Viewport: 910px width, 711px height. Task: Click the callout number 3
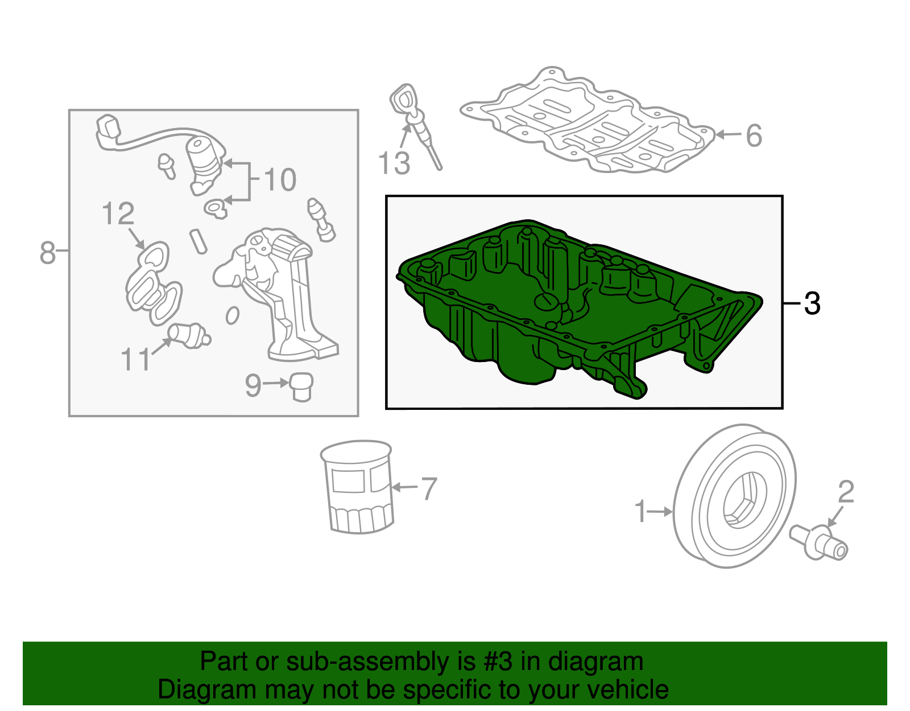tap(812, 303)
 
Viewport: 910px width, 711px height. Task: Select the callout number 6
tap(754, 135)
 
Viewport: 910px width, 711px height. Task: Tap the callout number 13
tap(394, 163)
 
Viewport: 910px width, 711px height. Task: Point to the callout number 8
tap(47, 253)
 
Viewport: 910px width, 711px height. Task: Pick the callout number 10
tap(280, 180)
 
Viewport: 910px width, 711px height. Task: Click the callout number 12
tap(118, 213)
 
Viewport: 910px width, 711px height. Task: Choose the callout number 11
tap(135, 359)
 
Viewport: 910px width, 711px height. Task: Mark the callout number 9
tap(253, 385)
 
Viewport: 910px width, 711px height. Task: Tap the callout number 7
tap(428, 489)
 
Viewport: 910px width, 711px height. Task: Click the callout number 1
tap(641, 511)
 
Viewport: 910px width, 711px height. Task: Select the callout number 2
tap(846, 492)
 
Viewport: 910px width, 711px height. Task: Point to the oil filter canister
tap(357, 487)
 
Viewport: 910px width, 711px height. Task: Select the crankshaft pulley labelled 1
tap(735, 496)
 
